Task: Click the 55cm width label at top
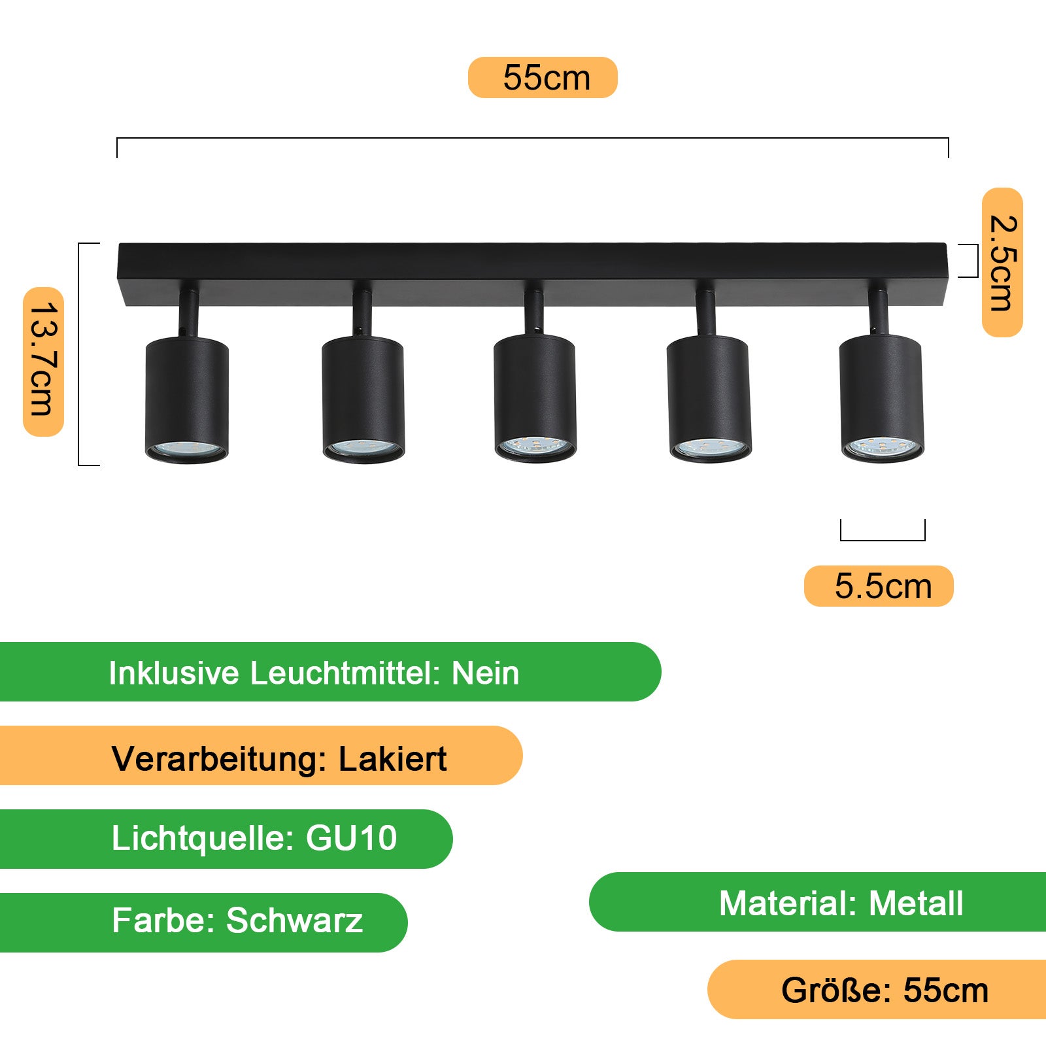coord(543,78)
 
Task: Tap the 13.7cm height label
coord(44,361)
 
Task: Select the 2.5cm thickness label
coord(1002,263)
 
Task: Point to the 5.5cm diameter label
coord(879,586)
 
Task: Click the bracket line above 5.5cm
coord(883,539)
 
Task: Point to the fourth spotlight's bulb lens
coord(710,448)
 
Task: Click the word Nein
coord(486,673)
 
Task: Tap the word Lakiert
coord(392,759)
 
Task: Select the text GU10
coord(351,838)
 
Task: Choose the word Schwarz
coord(294,920)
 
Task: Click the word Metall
coord(915,903)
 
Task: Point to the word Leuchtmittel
coord(345,673)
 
